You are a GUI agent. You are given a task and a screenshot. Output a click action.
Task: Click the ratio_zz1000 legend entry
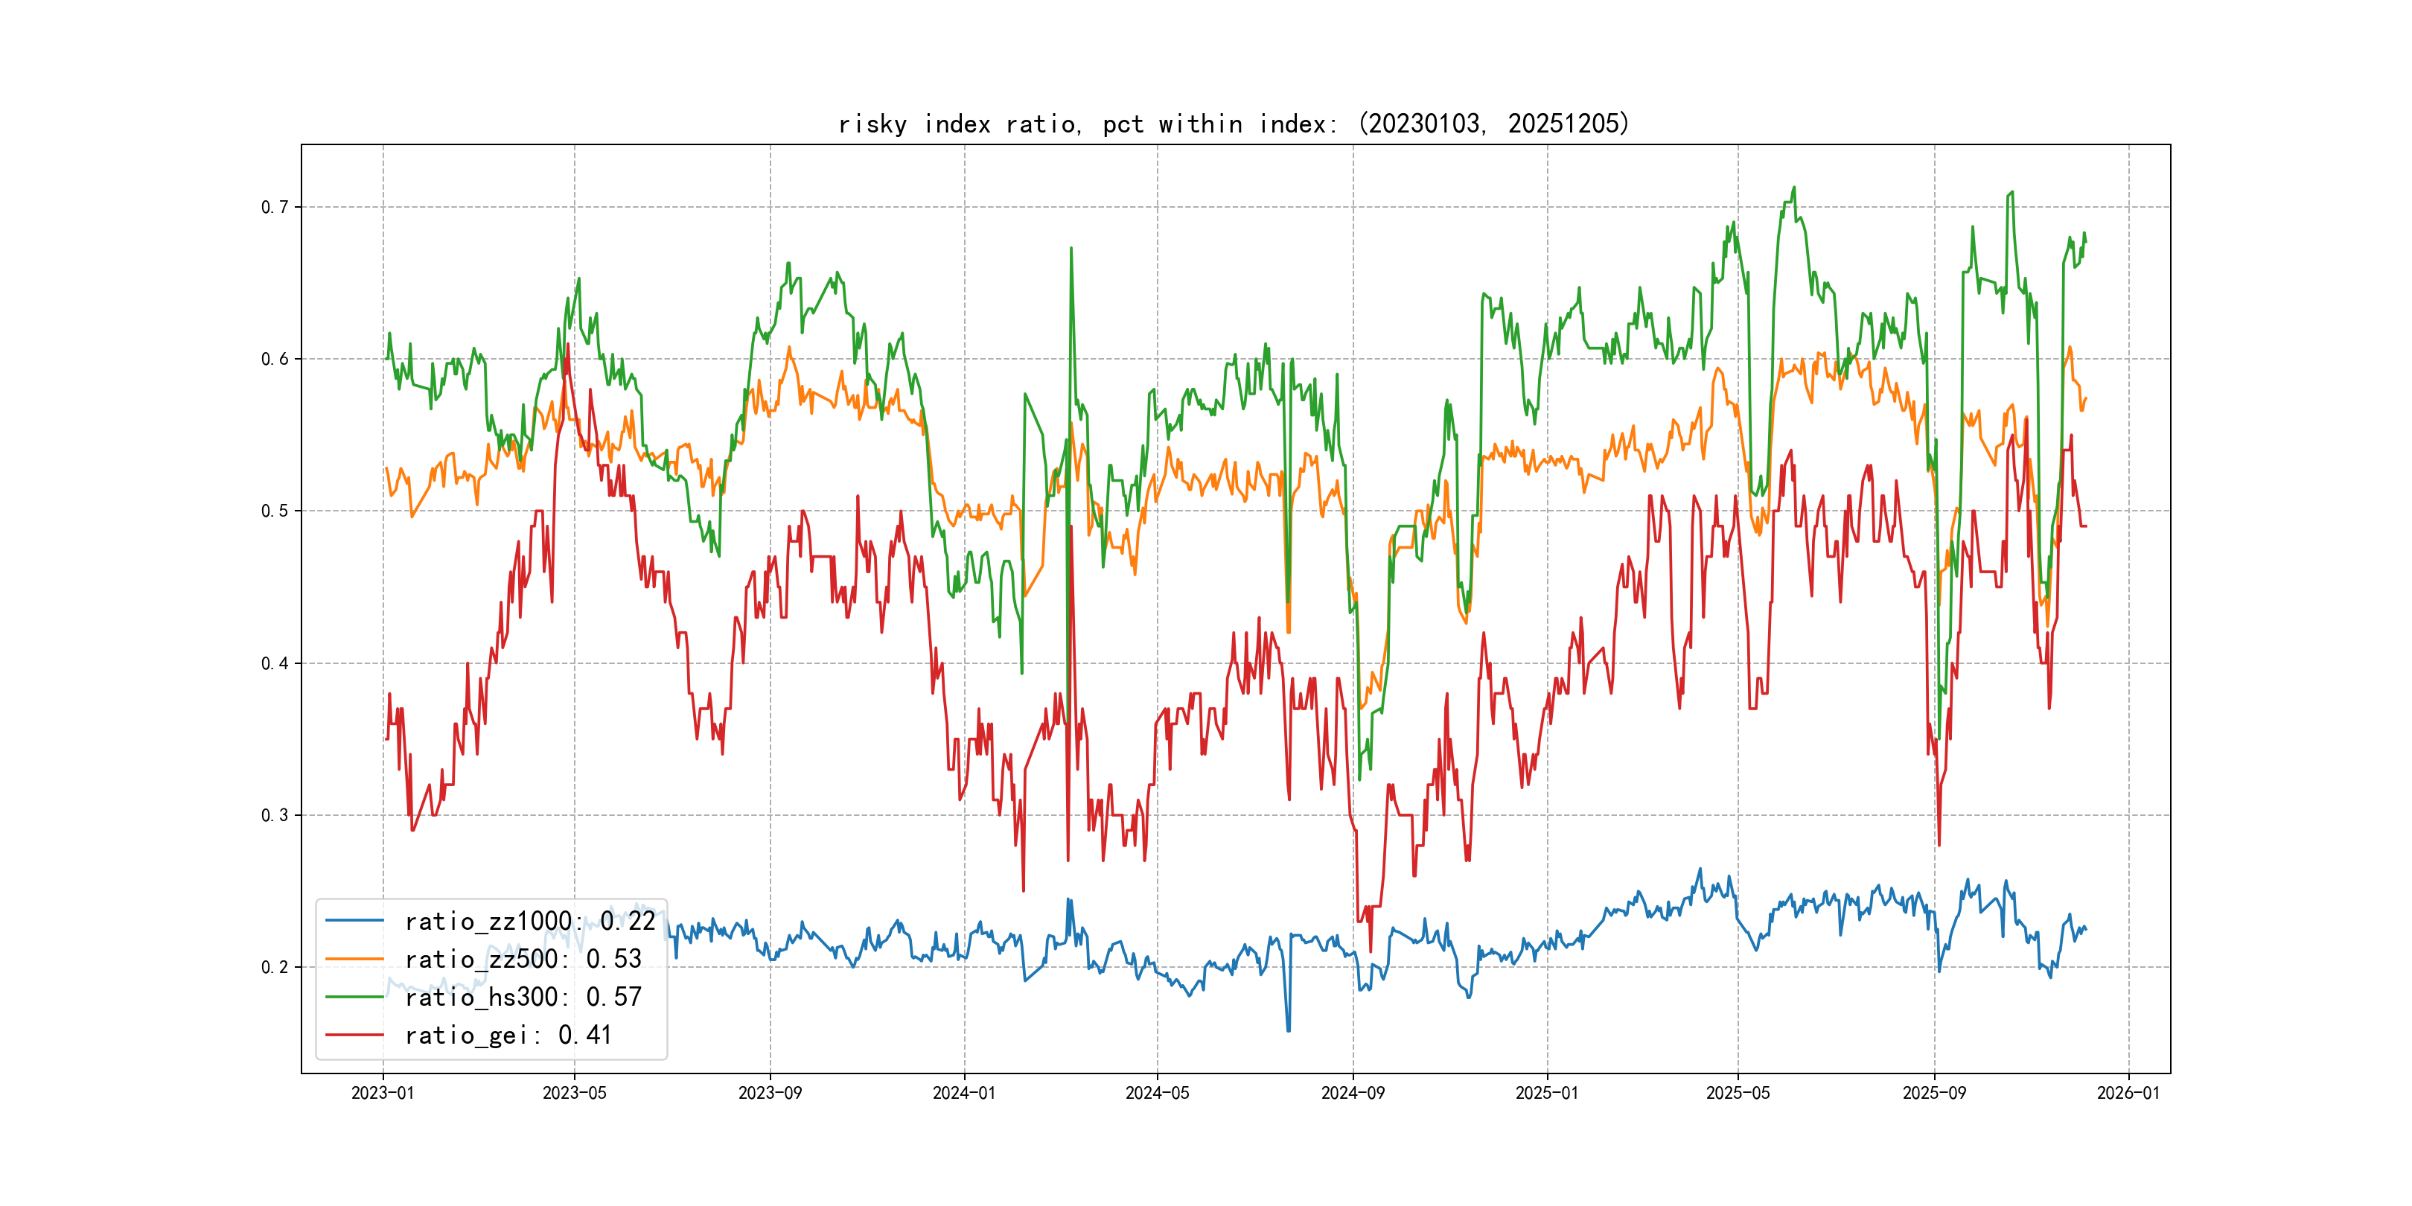[x=529, y=922]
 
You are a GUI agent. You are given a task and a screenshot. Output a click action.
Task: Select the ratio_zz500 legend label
[x=523, y=959]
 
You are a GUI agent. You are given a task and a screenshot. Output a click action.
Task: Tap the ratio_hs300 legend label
[x=523, y=998]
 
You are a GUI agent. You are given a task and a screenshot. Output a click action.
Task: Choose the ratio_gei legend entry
[x=508, y=1035]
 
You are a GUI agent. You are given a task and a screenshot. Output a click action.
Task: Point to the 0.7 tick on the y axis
[x=275, y=207]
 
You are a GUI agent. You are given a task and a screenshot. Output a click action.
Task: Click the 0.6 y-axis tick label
[x=275, y=359]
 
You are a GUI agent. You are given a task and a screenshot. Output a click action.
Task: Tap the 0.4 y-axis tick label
[x=275, y=663]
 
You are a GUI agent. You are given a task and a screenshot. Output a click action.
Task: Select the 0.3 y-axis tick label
[x=275, y=814]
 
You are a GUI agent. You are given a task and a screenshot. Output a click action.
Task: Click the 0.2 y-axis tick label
[x=275, y=967]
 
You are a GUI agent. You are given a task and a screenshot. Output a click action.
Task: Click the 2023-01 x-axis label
[x=382, y=1093]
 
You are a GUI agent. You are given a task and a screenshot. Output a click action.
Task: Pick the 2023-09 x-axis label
[x=770, y=1093]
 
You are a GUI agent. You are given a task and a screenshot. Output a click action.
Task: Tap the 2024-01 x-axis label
[x=963, y=1093]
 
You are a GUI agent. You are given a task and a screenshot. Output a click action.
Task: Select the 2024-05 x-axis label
[x=1158, y=1093]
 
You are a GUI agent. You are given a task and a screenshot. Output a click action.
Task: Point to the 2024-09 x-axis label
[x=1352, y=1093]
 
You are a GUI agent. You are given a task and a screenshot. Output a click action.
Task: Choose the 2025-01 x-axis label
[x=1547, y=1093]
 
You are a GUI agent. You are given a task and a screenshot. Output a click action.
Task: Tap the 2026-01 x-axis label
[x=2128, y=1093]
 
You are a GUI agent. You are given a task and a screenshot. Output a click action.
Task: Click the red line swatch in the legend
[x=354, y=1035]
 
